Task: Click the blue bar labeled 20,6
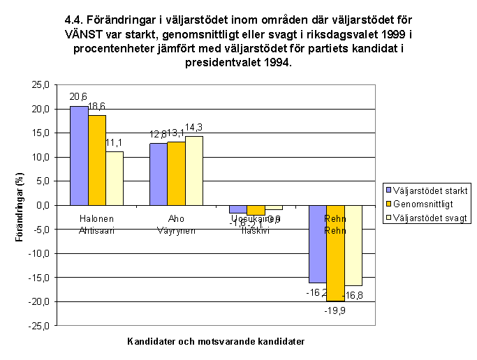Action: coord(79,156)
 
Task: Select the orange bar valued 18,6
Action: coord(96,160)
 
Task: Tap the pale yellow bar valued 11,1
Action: coord(114,179)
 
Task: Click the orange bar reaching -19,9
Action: coord(335,253)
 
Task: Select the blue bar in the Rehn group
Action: coord(318,244)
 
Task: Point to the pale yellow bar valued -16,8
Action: coord(353,246)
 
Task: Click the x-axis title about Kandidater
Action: coord(217,342)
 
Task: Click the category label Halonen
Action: coord(96,218)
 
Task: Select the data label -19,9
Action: coord(337,312)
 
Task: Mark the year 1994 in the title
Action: coord(277,62)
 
